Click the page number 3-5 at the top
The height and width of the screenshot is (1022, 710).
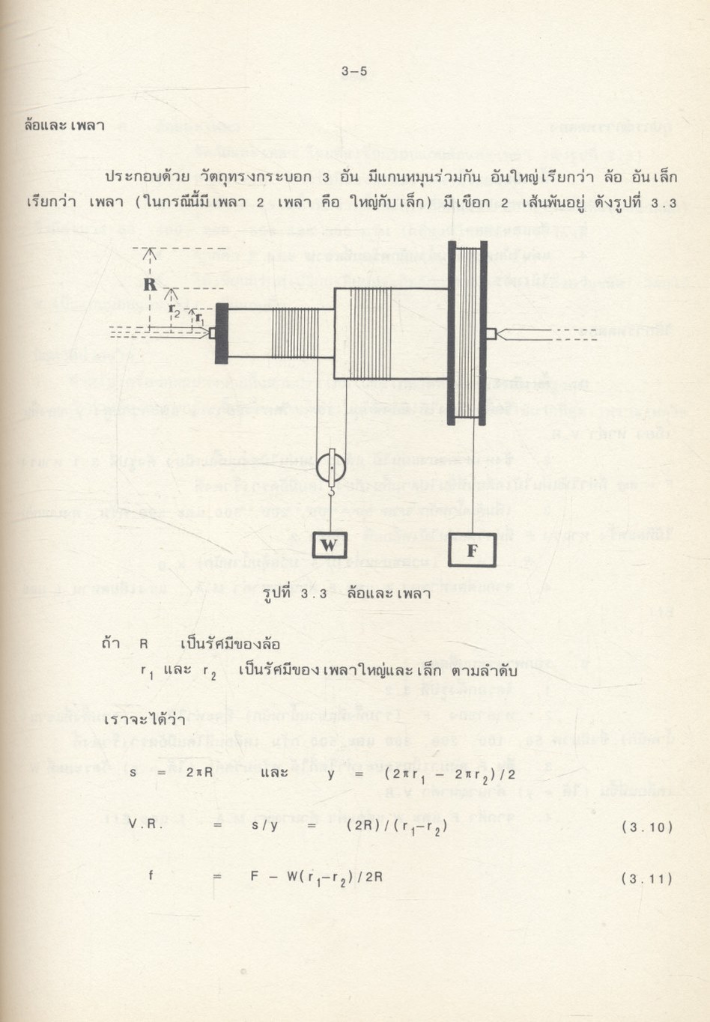[x=354, y=73]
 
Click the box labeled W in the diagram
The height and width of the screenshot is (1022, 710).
[x=330, y=545]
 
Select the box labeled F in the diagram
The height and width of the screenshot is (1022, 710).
[x=472, y=550]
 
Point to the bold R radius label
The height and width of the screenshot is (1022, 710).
[x=150, y=285]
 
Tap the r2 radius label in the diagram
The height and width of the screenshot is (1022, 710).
[x=174, y=308]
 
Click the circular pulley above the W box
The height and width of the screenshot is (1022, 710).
[x=330, y=469]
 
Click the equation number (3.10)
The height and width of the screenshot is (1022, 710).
[x=646, y=827]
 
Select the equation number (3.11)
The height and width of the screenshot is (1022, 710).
[x=646, y=878]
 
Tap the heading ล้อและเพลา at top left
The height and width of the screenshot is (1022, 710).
[x=64, y=124]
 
